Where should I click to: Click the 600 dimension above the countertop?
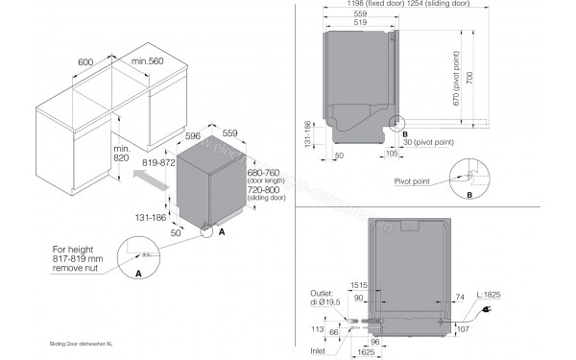[x=84, y=60]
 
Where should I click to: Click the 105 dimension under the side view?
[x=392, y=153]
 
